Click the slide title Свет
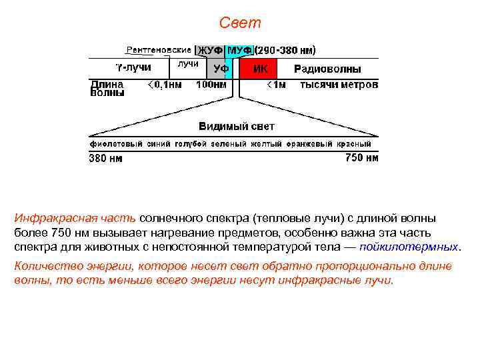point(240,23)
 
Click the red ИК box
point(261,69)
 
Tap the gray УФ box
point(221,69)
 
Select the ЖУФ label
point(210,51)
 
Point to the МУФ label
point(239,51)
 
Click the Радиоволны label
point(328,69)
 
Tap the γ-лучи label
point(133,67)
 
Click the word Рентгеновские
point(159,50)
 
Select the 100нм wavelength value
point(210,85)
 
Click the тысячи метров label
point(339,85)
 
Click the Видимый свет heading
point(236,126)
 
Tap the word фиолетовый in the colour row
point(111,143)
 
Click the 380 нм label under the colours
point(106,159)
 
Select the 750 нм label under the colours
point(361,158)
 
